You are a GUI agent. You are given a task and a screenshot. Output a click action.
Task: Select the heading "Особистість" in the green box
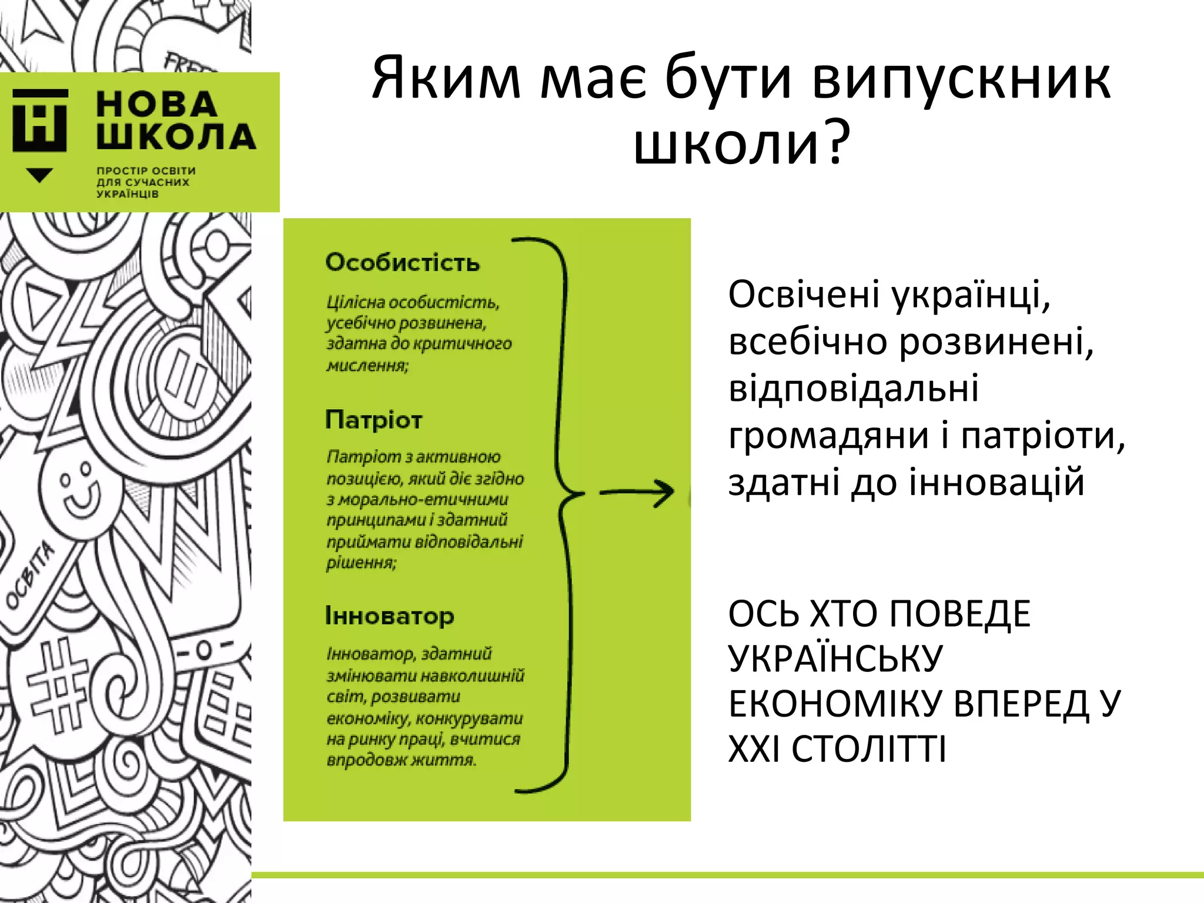pos(402,262)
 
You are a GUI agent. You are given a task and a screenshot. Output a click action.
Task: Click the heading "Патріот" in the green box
pos(373,420)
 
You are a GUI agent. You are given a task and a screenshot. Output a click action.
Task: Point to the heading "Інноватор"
pos(389,616)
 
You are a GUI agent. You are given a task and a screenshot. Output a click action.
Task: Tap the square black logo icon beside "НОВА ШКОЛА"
pos(40,121)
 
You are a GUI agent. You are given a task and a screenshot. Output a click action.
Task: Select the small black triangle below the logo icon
pos(40,175)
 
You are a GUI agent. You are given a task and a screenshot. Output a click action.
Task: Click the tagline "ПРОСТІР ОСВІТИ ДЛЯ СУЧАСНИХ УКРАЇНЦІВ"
pos(146,182)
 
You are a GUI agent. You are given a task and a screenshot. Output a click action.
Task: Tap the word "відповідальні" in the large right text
pos(854,389)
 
